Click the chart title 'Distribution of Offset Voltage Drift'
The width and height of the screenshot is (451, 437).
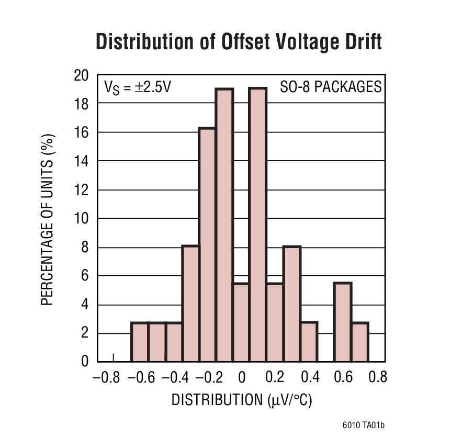[x=239, y=42]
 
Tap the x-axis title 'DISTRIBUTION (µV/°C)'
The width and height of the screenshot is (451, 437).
[x=242, y=400]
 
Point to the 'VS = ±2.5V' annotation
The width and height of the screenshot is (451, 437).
[x=138, y=87]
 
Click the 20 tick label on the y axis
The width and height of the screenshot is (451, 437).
[x=81, y=76]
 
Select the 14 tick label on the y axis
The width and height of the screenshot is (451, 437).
[x=81, y=161]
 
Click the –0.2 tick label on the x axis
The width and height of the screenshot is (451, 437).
[x=208, y=377]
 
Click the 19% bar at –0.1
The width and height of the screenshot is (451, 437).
[x=224, y=225]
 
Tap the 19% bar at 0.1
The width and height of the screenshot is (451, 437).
[x=258, y=225]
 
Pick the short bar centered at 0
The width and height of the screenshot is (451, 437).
[x=241, y=322]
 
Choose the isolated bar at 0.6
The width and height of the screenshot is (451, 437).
[x=343, y=322]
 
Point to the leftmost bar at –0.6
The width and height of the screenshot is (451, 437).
[x=140, y=342]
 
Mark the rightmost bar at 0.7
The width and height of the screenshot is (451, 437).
[x=360, y=342]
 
